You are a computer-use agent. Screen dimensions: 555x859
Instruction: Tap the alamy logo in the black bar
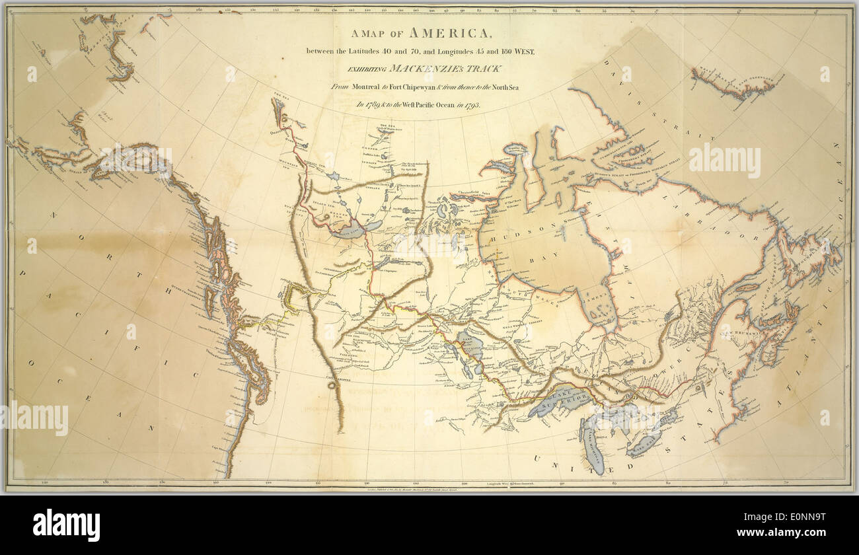click(66, 525)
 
